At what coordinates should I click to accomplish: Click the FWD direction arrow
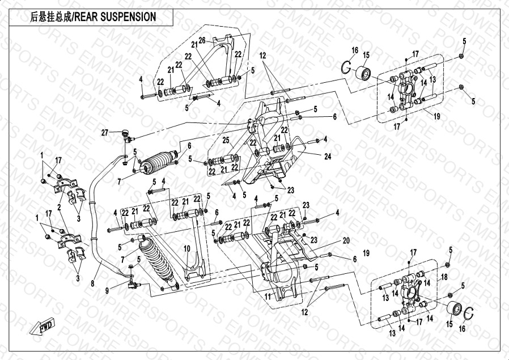[x=42, y=326]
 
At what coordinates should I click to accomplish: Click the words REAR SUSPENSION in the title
[x=115, y=17]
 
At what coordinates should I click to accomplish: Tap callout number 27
[x=104, y=133]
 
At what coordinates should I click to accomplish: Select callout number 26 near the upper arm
[x=202, y=41]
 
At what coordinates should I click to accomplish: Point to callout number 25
[x=226, y=140]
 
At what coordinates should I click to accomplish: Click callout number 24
[x=328, y=156]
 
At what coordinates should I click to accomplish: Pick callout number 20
[x=346, y=240]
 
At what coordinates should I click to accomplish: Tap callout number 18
[x=444, y=277]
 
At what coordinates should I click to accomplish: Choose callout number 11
[x=268, y=297]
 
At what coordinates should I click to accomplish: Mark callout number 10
[x=186, y=249]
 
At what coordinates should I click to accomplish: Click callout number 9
[x=107, y=291]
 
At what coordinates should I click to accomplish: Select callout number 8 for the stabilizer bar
[x=92, y=283]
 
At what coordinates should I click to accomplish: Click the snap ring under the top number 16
[x=346, y=67]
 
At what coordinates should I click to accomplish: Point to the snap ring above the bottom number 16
[x=469, y=314]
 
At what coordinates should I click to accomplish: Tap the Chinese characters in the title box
[x=52, y=17]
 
